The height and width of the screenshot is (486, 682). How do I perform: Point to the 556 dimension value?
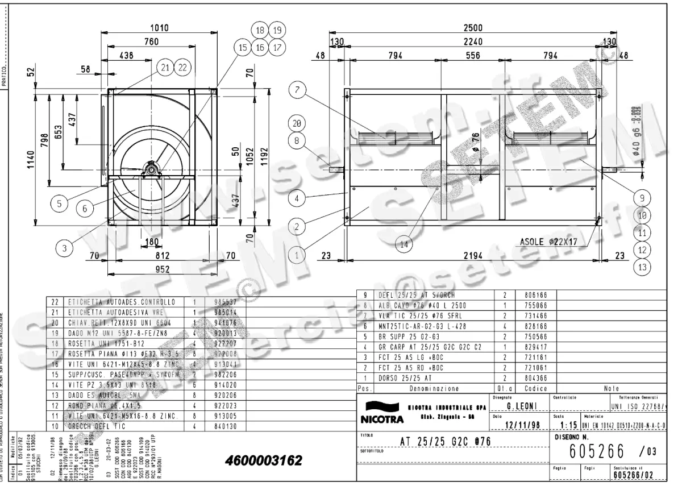pos(472,56)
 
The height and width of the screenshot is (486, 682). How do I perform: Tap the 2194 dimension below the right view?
pos(473,256)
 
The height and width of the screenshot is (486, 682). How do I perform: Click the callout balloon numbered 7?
pos(299,89)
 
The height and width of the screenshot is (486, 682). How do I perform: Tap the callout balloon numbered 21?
pos(165,68)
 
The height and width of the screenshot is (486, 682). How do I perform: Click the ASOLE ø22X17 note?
pos(548,242)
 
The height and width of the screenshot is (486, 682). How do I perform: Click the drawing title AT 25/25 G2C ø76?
pos(445,442)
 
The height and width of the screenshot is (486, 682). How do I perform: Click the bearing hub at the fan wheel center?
pos(152,169)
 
